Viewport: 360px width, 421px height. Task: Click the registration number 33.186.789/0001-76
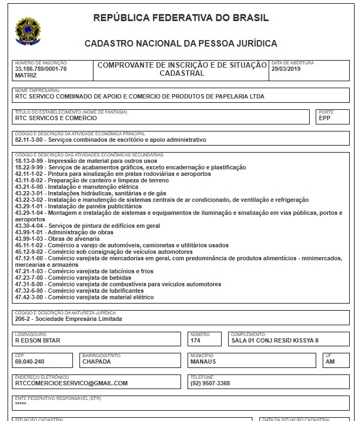[x=41, y=69]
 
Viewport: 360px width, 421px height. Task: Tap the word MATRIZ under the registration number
[x=26, y=76]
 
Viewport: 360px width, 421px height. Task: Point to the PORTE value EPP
[x=324, y=117]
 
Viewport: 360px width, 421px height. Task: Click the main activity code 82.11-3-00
[x=31, y=140]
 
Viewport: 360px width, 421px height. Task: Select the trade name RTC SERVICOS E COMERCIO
[x=56, y=117]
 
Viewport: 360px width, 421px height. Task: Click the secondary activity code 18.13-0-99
[x=31, y=161]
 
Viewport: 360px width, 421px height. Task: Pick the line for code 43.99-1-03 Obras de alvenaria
[x=57, y=239]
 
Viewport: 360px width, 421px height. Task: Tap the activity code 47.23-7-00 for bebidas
[x=31, y=278]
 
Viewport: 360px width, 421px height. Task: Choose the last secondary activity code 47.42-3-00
[x=31, y=297]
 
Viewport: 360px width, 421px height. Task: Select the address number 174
[x=196, y=341]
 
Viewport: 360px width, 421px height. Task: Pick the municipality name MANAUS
[x=203, y=362]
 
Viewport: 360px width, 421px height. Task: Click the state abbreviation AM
[x=330, y=362]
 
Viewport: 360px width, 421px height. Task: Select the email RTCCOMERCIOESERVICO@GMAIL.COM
[x=71, y=383]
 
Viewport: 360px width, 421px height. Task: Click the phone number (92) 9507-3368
[x=210, y=383]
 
